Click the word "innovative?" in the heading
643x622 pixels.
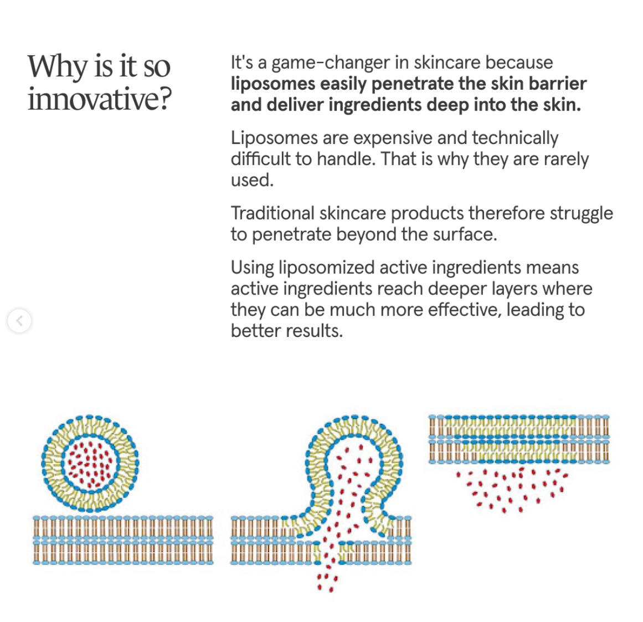point(100,99)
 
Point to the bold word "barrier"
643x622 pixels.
point(558,84)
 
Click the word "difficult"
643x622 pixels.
point(260,159)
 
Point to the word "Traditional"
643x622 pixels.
point(272,214)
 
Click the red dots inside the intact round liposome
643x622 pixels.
point(90,463)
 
